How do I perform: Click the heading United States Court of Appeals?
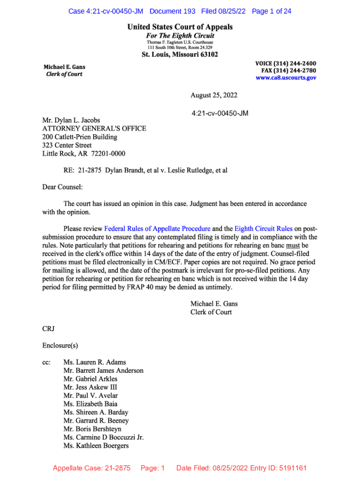180,27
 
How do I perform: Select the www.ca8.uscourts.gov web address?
286,78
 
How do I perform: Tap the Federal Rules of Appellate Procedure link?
157,229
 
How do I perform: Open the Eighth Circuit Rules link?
263,229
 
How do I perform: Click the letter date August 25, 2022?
214,95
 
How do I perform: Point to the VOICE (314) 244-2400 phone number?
286,63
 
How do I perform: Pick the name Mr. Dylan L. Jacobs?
71,120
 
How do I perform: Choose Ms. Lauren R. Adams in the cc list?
94,362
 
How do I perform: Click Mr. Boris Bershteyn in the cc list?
92,429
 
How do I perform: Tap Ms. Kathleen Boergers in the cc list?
96,446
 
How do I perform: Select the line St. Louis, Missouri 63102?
180,55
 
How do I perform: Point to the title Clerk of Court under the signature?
211,312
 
